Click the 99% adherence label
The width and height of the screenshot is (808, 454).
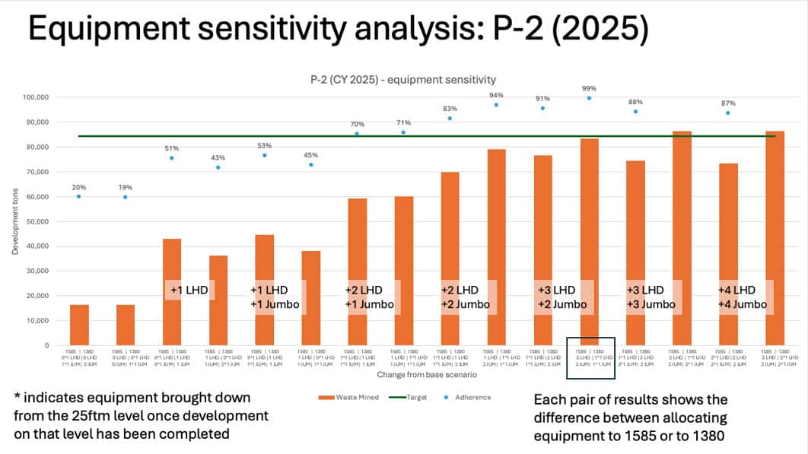pos(589,88)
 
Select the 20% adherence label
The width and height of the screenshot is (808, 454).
pos(78,186)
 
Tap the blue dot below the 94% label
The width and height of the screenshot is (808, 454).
pos(496,105)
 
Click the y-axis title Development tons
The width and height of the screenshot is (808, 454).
pos(16,221)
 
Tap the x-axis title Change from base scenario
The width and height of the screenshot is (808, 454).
pos(412,376)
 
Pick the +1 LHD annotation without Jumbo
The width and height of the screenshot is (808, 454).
pos(189,290)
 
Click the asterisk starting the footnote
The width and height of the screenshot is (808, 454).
pos(17,397)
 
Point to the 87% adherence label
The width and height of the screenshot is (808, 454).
pos(728,103)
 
